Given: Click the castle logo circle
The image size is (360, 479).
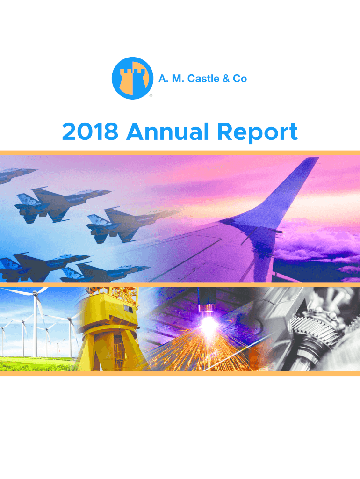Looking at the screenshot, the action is pyautogui.click(x=132, y=78).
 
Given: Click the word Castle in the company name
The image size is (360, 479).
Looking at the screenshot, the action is pyautogui.click(x=203, y=79).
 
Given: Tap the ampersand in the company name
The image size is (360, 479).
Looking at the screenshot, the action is pyautogui.click(x=226, y=79).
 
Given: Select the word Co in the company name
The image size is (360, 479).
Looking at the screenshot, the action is pyautogui.click(x=240, y=79).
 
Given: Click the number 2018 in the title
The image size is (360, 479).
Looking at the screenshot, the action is pyautogui.click(x=90, y=131).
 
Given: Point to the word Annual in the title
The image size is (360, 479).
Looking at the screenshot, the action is pyautogui.click(x=168, y=131).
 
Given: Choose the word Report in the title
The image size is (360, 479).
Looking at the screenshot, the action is pyautogui.click(x=257, y=132).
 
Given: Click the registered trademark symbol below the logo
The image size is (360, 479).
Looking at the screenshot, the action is pyautogui.click(x=151, y=96).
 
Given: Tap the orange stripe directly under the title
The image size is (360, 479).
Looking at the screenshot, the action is pyautogui.click(x=180, y=153).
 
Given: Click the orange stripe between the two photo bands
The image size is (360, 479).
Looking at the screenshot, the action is pyautogui.click(x=180, y=284).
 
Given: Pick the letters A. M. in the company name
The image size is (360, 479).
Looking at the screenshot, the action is pyautogui.click(x=171, y=79).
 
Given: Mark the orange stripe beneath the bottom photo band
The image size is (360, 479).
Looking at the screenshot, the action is pyautogui.click(x=180, y=374).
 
